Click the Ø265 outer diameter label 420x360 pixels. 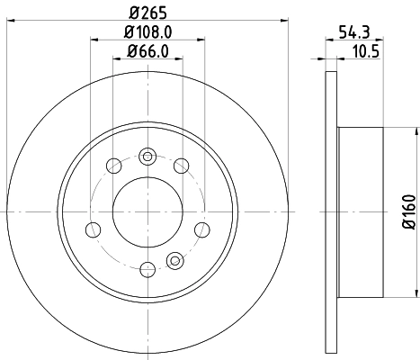pyautogui.click(x=145, y=12)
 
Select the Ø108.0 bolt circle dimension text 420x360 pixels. pyautogui.click(x=145, y=31)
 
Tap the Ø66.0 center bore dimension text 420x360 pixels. pyautogui.click(x=145, y=50)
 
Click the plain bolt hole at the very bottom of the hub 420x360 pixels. pyautogui.click(x=145, y=266)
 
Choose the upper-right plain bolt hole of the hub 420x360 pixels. pyautogui.click(x=180, y=165)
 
